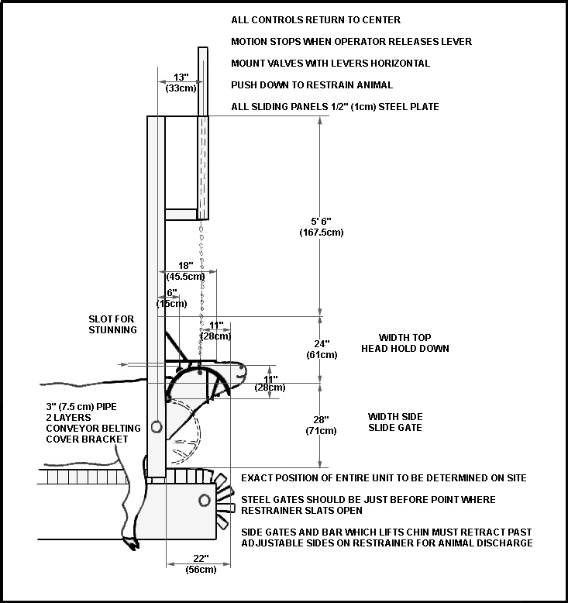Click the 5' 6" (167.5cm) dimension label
(321, 227)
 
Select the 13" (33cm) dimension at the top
(181, 83)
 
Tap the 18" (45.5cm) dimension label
(186, 271)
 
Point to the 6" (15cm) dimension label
(171, 298)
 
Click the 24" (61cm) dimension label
(322, 350)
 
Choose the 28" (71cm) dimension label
(321, 426)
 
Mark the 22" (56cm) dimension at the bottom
(201, 564)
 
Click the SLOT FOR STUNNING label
(112, 325)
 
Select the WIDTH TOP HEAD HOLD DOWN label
(405, 343)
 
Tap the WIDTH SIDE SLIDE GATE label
(395, 422)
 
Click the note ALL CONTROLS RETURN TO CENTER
(315, 20)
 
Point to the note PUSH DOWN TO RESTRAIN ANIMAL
(312, 85)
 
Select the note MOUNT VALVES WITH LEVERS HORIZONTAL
(330, 64)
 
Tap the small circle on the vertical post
(156, 427)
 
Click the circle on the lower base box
(205, 501)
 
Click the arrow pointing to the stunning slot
(122, 364)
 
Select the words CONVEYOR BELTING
(93, 429)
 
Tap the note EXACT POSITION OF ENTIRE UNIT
(384, 478)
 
